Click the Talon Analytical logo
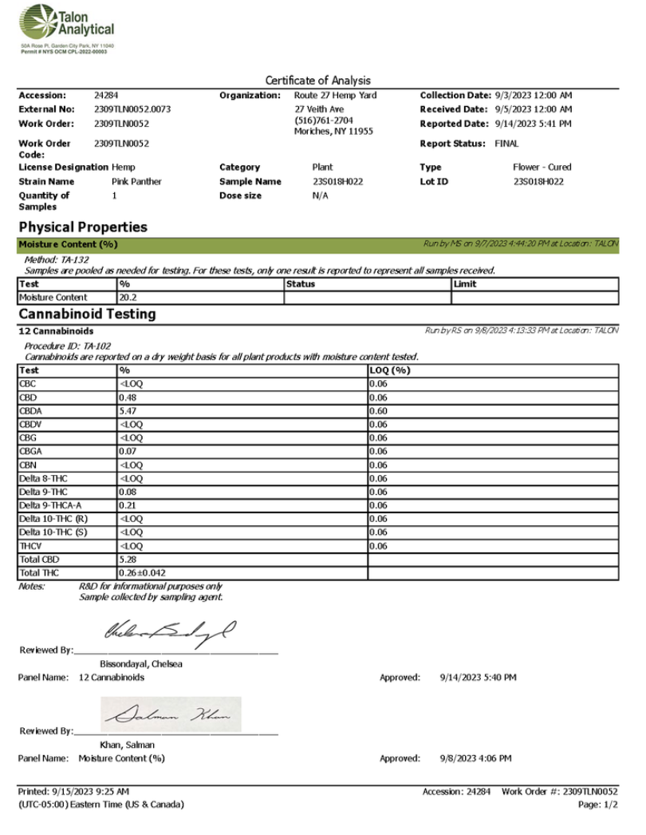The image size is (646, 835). click(67, 29)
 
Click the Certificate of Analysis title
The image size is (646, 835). click(317, 81)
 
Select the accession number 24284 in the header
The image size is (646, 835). click(105, 96)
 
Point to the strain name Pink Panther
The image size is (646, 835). click(136, 182)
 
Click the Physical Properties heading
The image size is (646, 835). click(82, 228)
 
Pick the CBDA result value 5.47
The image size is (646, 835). click(129, 411)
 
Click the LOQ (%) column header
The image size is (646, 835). click(389, 371)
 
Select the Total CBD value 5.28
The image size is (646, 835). click(129, 560)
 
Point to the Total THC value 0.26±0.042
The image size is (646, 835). click(143, 573)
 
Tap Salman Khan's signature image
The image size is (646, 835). click(171, 715)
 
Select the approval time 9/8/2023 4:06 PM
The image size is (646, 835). click(475, 758)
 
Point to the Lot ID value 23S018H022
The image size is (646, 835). click(538, 182)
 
